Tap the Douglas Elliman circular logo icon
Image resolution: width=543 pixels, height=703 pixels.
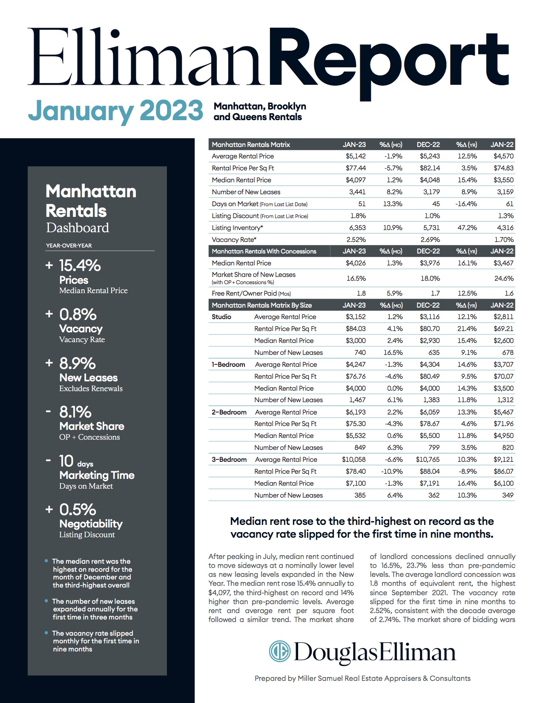click(279, 651)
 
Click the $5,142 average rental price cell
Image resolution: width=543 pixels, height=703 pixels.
click(356, 156)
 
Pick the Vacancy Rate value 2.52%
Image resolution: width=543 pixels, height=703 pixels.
click(356, 239)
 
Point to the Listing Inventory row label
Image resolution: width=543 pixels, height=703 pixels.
click(237, 228)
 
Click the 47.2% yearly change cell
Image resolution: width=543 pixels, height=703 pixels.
click(467, 228)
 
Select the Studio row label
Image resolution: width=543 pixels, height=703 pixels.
click(221, 317)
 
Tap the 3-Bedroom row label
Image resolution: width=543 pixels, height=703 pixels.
click(229, 459)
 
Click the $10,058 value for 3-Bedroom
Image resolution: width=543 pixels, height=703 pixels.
click(353, 459)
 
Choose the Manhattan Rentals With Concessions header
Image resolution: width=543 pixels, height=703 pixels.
click(264, 251)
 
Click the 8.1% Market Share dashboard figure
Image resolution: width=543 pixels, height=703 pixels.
click(75, 412)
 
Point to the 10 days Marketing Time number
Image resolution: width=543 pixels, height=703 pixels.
click(66, 461)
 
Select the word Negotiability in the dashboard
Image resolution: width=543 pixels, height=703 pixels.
click(91, 524)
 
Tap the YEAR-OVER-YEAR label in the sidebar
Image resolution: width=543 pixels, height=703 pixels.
click(69, 245)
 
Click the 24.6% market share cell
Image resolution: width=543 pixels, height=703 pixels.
click(504, 278)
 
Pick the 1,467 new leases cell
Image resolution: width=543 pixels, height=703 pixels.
click(357, 400)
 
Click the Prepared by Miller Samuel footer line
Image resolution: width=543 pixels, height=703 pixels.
click(362, 678)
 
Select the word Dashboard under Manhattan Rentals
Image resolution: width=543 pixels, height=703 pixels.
click(78, 228)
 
